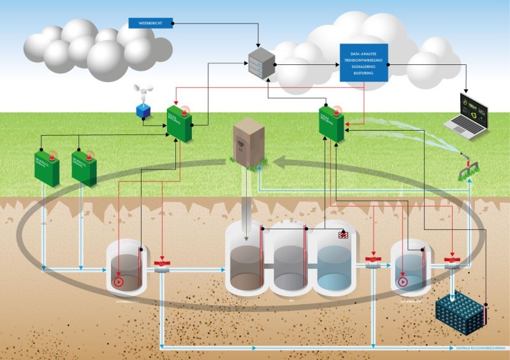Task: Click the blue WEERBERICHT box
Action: (x=150, y=23)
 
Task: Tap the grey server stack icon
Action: (x=259, y=65)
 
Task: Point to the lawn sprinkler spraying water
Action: (x=470, y=166)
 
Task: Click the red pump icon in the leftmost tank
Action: (x=118, y=281)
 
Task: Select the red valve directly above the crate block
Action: (x=453, y=261)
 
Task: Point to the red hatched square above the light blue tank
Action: (x=343, y=236)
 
